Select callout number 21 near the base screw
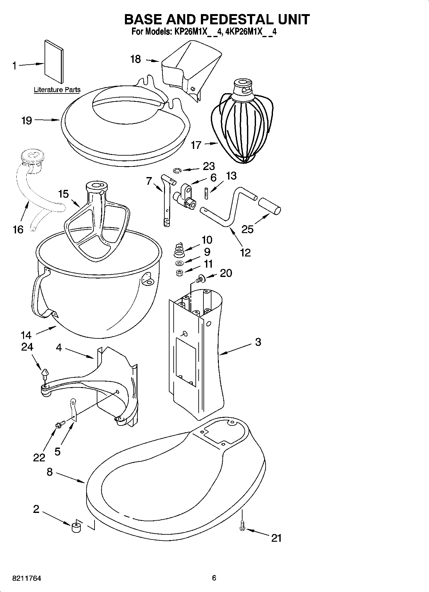coord(276,538)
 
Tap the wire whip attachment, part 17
coord(243,128)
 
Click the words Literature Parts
coord(57,90)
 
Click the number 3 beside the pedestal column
coord(258,342)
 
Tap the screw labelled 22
coord(60,424)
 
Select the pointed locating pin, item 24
coord(45,373)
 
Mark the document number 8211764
coord(27,579)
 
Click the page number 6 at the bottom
coord(214,578)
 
